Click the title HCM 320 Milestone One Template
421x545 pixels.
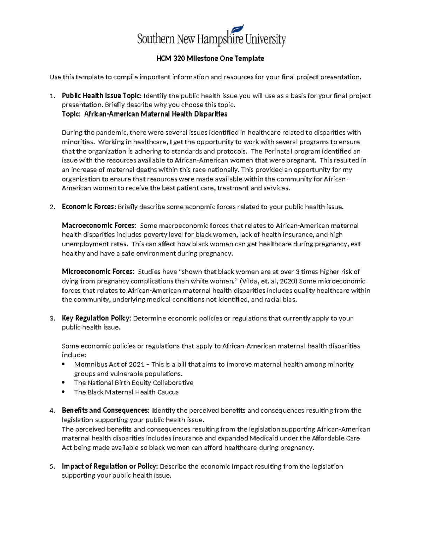[x=210, y=59]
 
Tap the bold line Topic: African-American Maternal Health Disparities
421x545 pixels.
[x=145, y=114]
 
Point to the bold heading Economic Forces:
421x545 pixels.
[x=89, y=207]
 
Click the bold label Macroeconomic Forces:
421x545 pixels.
[x=99, y=225]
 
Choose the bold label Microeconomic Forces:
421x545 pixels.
[x=98, y=272]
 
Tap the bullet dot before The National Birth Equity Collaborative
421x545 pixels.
[x=63, y=383]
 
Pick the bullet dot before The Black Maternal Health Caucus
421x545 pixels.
[x=63, y=392]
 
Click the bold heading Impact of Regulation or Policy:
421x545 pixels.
[x=110, y=466]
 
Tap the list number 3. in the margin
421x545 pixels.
[x=52, y=319]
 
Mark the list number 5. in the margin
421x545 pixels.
[x=52, y=467]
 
